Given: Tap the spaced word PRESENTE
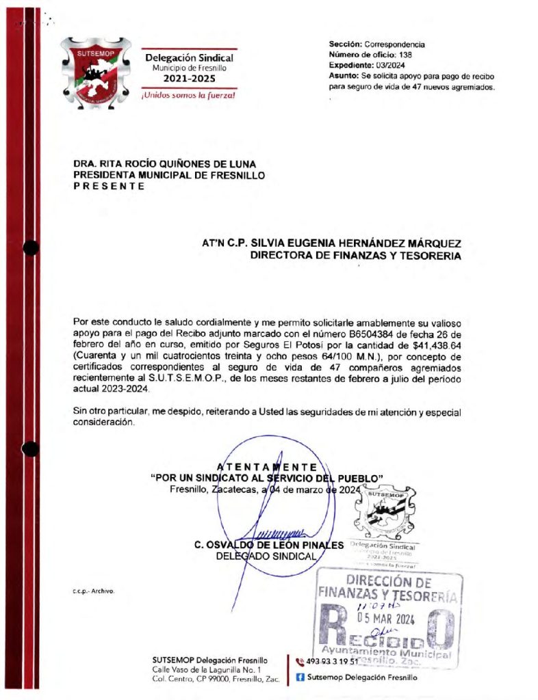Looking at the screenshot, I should tap(109, 186).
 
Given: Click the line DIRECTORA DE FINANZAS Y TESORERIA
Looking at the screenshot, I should tap(355, 256).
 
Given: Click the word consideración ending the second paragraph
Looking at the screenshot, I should tap(103, 422).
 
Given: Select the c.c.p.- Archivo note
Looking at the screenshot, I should tap(93, 590).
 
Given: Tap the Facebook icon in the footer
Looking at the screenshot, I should tap(300, 677).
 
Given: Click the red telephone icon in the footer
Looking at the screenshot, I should tap(300, 661).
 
